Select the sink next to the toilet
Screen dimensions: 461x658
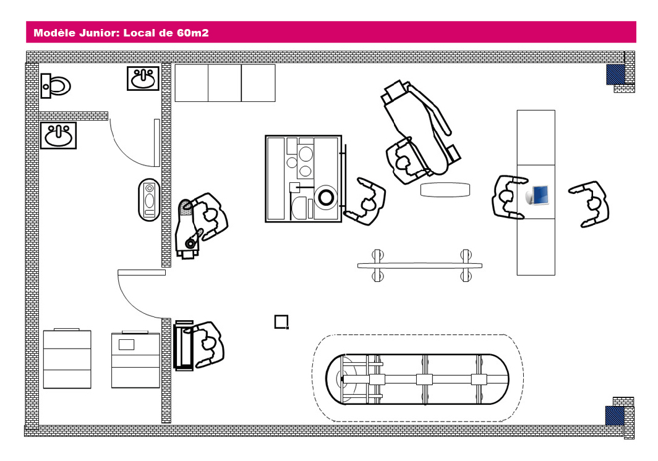click(143, 78)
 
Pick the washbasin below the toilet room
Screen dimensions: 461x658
click(58, 135)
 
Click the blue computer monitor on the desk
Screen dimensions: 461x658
click(537, 195)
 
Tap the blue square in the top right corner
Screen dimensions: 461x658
click(615, 74)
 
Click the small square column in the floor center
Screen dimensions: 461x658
click(281, 321)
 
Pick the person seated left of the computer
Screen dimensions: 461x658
click(509, 197)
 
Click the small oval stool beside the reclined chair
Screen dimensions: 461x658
click(445, 189)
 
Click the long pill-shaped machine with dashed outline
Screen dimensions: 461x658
click(417, 379)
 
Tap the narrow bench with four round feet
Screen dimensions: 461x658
click(419, 265)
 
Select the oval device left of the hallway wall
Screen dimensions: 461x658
click(148, 199)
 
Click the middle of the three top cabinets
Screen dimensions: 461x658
click(224, 83)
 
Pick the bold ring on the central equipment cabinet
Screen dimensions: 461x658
click(325, 197)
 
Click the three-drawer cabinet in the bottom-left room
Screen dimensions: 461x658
click(67, 359)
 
